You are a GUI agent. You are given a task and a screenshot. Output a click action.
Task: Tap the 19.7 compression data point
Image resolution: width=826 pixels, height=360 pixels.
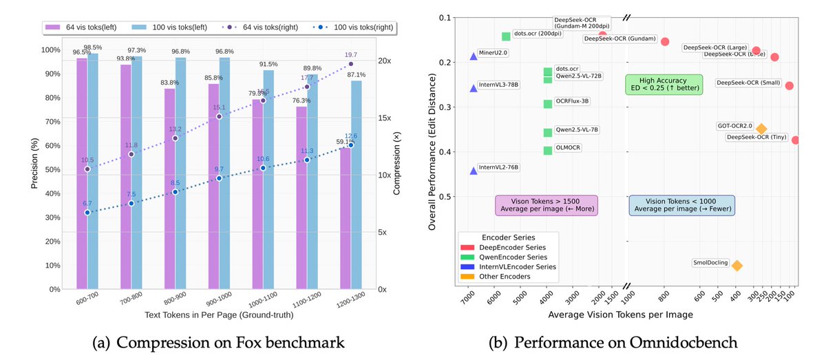pyautogui.click(x=350, y=64)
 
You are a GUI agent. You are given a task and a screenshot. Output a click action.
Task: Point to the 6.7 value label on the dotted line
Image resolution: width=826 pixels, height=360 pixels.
pyautogui.click(x=87, y=203)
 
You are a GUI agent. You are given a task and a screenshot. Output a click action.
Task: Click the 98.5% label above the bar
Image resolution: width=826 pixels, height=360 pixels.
pyautogui.click(x=93, y=47)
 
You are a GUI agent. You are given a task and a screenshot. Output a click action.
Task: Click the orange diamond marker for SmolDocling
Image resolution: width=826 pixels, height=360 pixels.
pyautogui.click(x=737, y=266)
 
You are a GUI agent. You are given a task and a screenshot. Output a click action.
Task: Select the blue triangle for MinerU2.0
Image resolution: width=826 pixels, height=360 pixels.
pyautogui.click(x=474, y=56)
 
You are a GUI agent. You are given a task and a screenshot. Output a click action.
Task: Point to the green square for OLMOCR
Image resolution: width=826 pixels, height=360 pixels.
pyautogui.click(x=548, y=150)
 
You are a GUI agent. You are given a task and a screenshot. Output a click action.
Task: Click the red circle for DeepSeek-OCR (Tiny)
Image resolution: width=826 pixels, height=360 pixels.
pyautogui.click(x=796, y=140)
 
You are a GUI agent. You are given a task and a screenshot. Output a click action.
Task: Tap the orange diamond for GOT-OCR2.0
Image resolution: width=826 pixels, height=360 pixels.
pyautogui.click(x=761, y=129)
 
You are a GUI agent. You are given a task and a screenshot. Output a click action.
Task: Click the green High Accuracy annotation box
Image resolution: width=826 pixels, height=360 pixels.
pyautogui.click(x=664, y=85)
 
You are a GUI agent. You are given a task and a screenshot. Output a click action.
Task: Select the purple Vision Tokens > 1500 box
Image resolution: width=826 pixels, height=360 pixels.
pyautogui.click(x=547, y=204)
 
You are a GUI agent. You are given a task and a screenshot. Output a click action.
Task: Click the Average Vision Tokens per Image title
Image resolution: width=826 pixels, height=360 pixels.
pyautogui.click(x=620, y=315)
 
